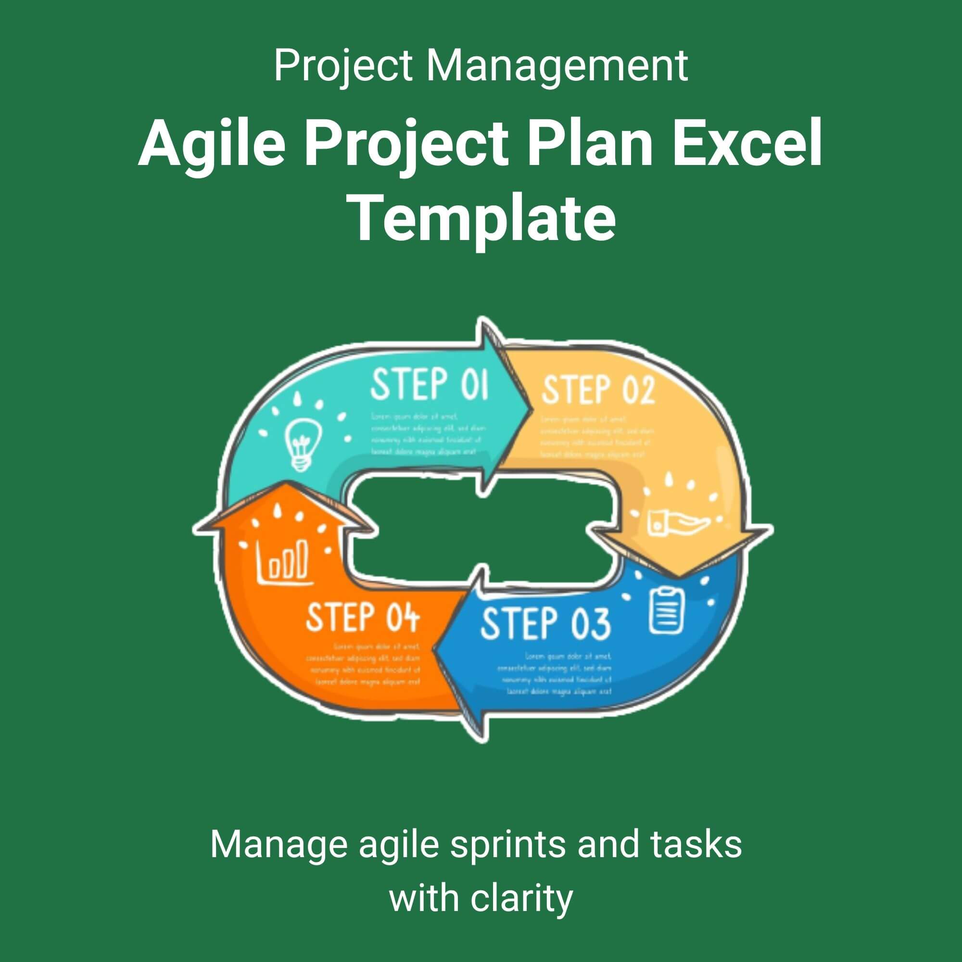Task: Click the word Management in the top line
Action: (557, 66)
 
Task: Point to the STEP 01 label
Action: (429, 384)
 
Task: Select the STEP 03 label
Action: (545, 623)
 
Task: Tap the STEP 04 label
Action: (363, 617)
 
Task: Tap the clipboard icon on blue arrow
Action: (667, 608)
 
